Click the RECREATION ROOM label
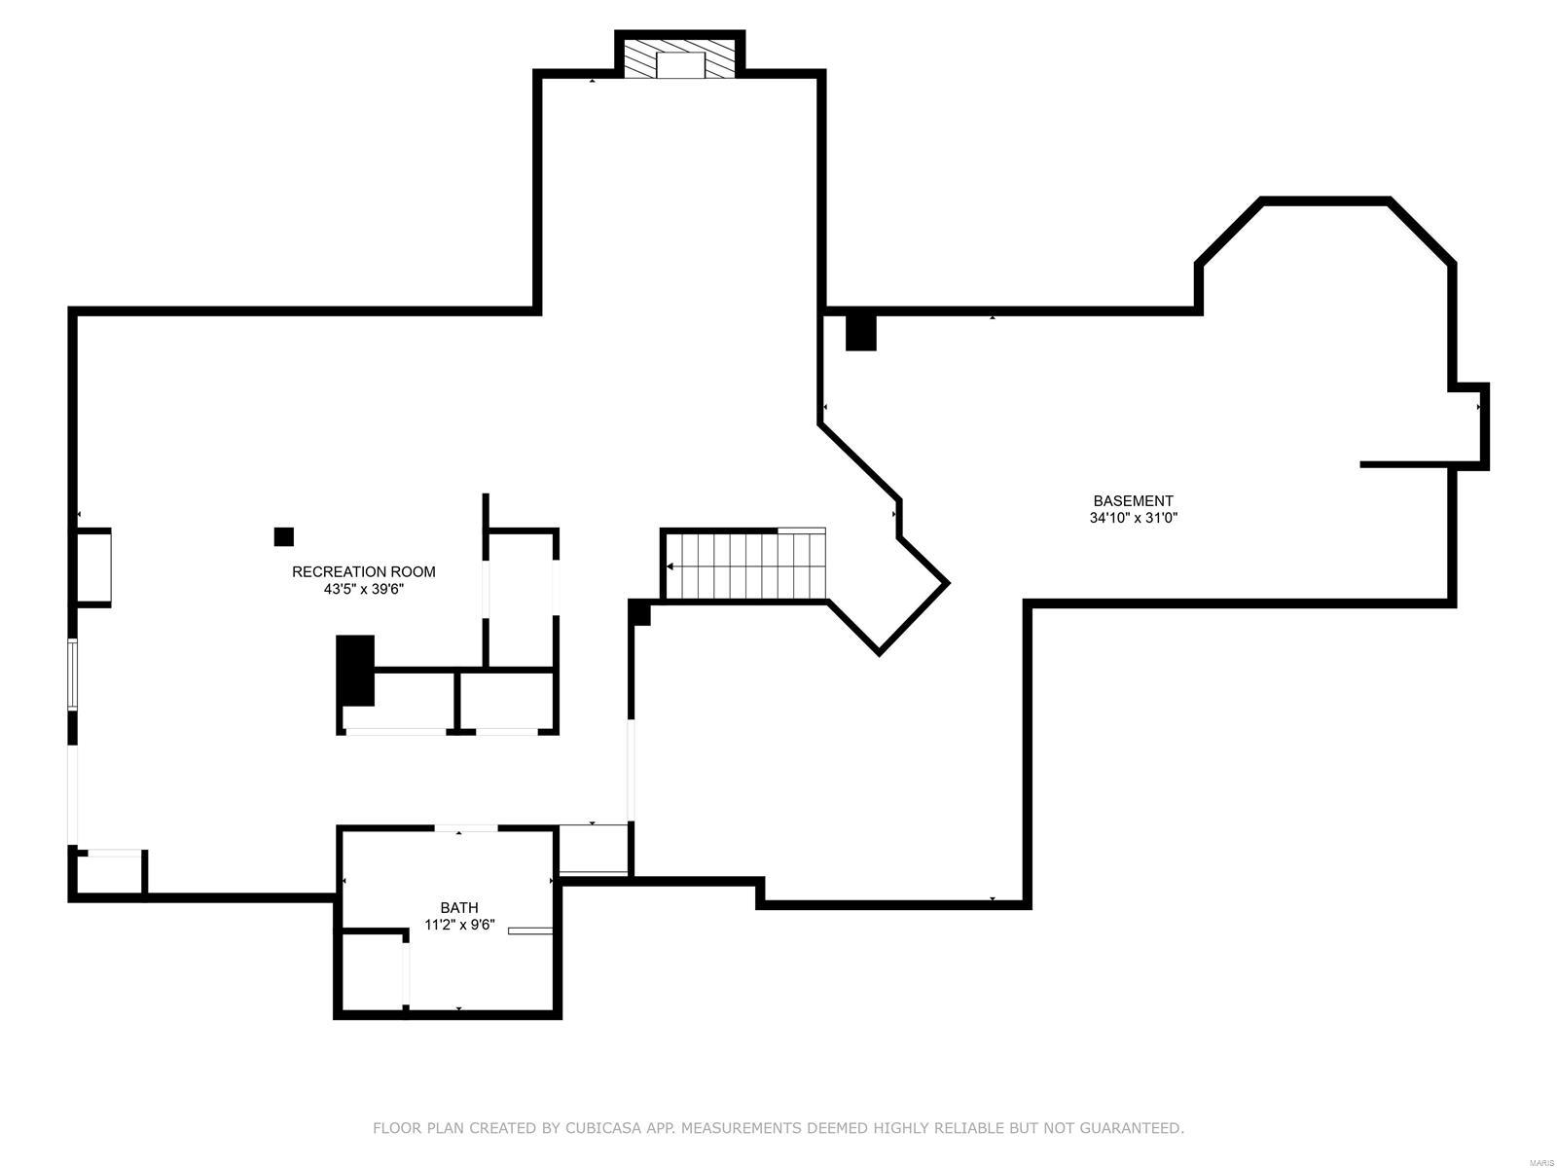(x=364, y=572)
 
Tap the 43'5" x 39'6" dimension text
(x=364, y=589)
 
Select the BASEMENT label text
(x=1133, y=501)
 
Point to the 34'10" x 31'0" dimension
(x=1133, y=519)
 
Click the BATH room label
(x=458, y=908)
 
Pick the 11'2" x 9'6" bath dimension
(x=459, y=926)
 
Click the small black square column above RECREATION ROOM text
(x=284, y=536)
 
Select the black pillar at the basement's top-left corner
(x=860, y=332)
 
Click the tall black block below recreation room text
(x=355, y=670)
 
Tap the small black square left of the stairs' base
(x=639, y=613)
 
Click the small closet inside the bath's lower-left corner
(x=373, y=970)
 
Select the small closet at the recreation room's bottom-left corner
(x=110, y=873)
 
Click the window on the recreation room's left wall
(x=72, y=673)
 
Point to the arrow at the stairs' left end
(x=670, y=566)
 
